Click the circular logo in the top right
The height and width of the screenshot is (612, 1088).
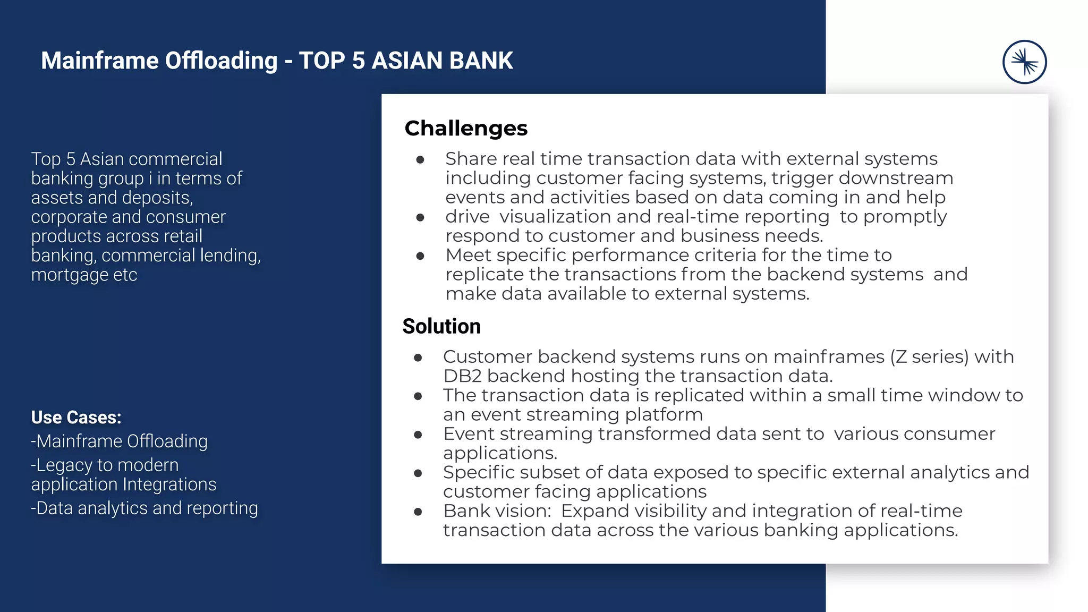(1024, 62)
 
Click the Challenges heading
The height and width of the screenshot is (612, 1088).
(466, 128)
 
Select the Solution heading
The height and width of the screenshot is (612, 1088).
(441, 326)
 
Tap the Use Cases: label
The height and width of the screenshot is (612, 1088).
(76, 418)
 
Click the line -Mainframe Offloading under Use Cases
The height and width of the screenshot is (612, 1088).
(120, 441)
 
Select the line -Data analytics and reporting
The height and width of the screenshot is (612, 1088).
(144, 508)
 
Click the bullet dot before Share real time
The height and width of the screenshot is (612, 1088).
(420, 159)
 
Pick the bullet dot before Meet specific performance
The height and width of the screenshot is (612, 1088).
(420, 256)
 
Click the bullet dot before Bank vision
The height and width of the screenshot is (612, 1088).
(418, 512)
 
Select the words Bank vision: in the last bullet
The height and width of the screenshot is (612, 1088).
(497, 511)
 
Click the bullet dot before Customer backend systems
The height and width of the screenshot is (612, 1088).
(418, 358)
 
